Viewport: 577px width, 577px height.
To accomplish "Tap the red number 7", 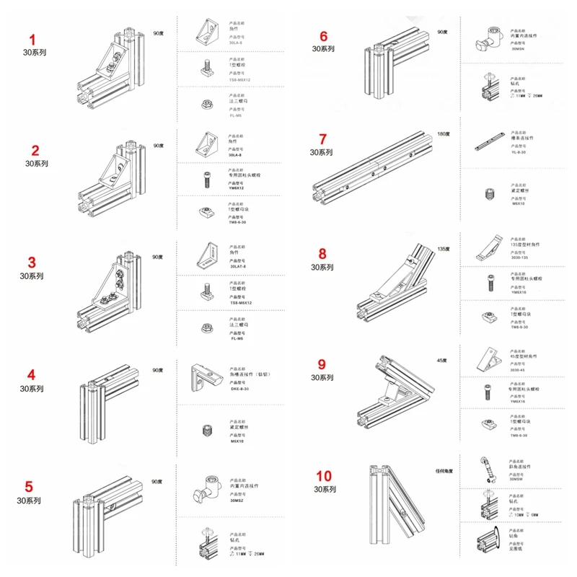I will click(x=322, y=139).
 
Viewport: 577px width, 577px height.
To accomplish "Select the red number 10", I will click(x=324, y=476).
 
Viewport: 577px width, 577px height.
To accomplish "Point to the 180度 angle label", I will click(x=443, y=134).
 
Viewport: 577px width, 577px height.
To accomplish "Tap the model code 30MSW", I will click(x=516, y=477).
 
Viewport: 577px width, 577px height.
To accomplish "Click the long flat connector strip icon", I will click(x=492, y=144).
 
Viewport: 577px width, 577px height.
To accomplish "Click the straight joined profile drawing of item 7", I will click(x=372, y=170).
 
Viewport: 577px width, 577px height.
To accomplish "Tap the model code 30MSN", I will click(x=518, y=49).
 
